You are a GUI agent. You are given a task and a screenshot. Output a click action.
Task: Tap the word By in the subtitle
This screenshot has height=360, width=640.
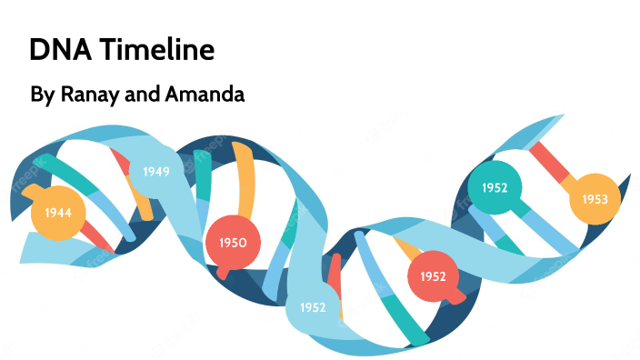pyautogui.click(x=43, y=94)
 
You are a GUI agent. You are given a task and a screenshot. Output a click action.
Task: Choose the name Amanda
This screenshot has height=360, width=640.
pyautogui.click(x=211, y=94)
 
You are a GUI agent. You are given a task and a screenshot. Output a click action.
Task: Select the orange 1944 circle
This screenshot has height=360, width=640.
pyautogui.click(x=57, y=213)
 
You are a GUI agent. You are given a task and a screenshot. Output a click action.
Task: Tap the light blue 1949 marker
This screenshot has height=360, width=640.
pyautogui.click(x=155, y=170)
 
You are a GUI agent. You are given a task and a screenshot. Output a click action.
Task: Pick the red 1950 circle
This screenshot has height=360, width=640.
pyautogui.click(x=233, y=243)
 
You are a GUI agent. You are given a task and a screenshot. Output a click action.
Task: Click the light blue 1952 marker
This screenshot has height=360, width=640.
pyautogui.click(x=312, y=307)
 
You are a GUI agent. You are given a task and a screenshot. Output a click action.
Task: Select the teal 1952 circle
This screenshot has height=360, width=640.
pyautogui.click(x=495, y=188)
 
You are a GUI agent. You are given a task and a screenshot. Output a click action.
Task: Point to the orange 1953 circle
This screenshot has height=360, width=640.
pyautogui.click(x=595, y=198)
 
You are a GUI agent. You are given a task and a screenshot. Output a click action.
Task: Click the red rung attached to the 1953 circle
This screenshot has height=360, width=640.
pyautogui.click(x=550, y=162)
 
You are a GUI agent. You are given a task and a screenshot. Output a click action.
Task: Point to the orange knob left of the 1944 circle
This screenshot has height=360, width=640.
pyautogui.click(x=27, y=192)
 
